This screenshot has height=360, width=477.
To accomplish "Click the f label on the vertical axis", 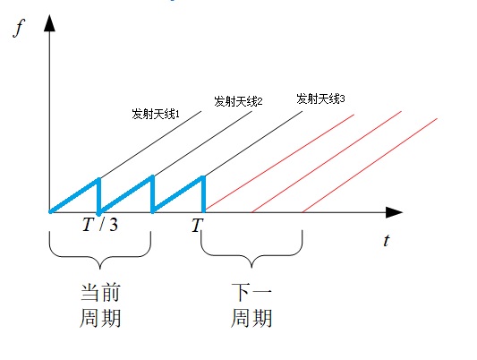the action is [19, 28].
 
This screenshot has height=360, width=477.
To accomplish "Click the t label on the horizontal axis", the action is [387, 240].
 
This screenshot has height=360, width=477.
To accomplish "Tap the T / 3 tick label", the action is [100, 225].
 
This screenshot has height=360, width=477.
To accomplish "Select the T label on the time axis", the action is [197, 225].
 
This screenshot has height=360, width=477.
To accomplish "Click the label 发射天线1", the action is [156, 114].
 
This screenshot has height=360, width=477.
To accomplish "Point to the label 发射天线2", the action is [238, 101].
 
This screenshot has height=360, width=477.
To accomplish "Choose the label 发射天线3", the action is [320, 99].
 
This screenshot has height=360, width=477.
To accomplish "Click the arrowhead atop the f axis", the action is [49, 23].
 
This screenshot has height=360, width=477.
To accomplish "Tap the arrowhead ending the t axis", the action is [395, 212].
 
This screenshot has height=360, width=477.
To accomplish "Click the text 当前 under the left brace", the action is [100, 293].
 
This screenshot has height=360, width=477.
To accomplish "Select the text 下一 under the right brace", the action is [251, 292].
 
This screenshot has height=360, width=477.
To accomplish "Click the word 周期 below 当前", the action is [100, 318].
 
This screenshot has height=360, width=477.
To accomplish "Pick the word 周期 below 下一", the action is [251, 318].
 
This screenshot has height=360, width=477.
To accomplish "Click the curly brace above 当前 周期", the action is [100, 257].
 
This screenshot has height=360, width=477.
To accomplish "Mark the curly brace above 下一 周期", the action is [251, 256].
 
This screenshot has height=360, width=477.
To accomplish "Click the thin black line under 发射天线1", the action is [150, 145].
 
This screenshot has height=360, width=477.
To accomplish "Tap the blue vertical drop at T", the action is [203, 193].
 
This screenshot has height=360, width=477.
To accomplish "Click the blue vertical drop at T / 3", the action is [98, 196].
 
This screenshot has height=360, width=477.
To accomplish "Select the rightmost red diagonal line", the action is [370, 165].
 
